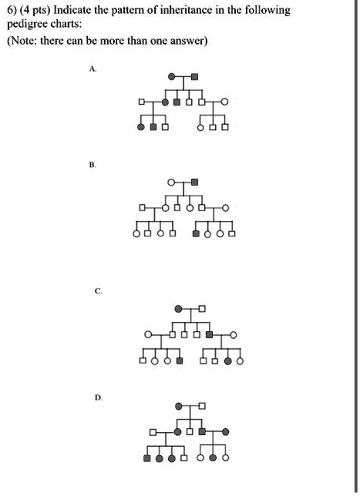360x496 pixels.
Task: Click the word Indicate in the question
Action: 70,10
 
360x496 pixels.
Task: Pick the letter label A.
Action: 93,69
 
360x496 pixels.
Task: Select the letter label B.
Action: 93,165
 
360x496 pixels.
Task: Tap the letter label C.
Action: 98,291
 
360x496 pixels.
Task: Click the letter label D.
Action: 99,398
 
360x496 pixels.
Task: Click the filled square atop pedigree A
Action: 195,76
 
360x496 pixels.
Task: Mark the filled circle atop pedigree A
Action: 172,76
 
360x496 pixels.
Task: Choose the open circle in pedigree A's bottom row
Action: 200,128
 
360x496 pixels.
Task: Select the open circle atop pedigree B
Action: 171,183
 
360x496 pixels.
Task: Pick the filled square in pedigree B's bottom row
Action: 196,234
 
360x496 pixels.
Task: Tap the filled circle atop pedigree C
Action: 179,309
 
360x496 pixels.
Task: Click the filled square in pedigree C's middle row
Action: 209,334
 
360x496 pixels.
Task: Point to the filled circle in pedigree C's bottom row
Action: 227,361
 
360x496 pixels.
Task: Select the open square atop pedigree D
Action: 202,406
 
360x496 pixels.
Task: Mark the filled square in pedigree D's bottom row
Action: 147,457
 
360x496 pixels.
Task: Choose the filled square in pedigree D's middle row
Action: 202,431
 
